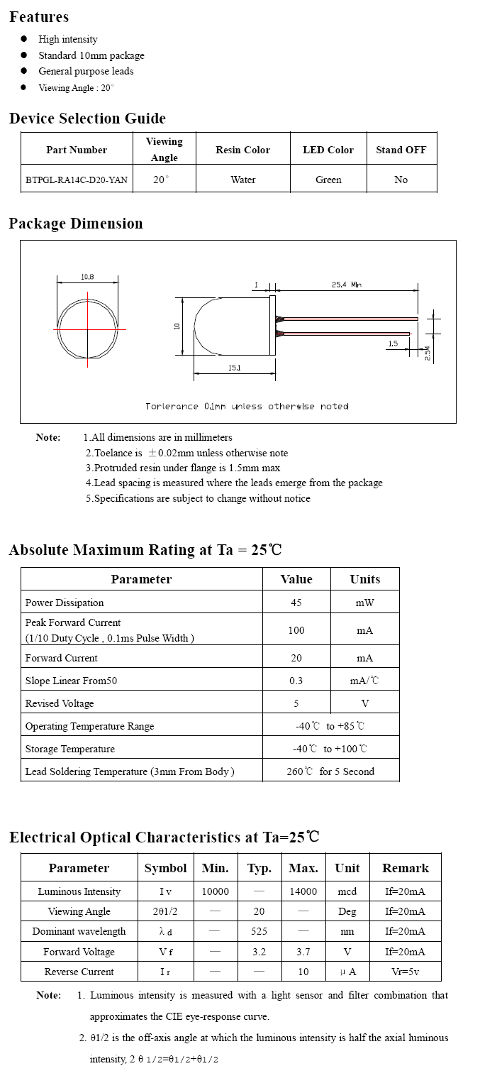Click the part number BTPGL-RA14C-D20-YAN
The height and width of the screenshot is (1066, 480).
(x=77, y=180)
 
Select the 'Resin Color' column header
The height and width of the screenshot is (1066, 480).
(x=242, y=150)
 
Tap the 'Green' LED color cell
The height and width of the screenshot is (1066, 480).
(x=328, y=180)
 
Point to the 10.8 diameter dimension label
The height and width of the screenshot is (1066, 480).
(x=87, y=277)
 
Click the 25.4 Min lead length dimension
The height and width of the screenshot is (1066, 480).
(x=346, y=285)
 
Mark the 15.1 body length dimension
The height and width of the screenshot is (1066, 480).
(x=234, y=368)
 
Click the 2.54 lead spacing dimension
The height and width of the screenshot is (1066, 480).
(x=428, y=353)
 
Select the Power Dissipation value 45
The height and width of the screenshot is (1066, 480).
(x=296, y=603)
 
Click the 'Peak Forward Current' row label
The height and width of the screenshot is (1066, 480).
(x=73, y=622)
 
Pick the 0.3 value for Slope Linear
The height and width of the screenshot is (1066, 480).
(x=296, y=681)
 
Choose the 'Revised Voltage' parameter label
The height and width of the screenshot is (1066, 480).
(x=60, y=703)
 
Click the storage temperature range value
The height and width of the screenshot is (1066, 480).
(x=330, y=749)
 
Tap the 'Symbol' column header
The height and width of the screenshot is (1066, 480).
(x=165, y=868)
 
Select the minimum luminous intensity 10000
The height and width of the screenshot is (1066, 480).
(x=215, y=891)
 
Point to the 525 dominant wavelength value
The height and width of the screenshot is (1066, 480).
(x=259, y=931)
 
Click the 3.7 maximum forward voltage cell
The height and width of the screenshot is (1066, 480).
(x=303, y=952)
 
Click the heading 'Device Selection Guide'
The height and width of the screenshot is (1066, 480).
(x=87, y=119)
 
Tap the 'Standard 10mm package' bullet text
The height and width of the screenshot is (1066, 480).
(x=91, y=55)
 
